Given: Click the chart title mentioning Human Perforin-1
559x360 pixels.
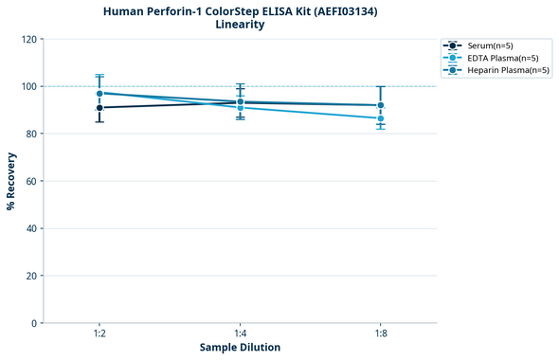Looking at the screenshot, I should (240, 10).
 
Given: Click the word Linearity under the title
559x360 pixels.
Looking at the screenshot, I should (240, 25).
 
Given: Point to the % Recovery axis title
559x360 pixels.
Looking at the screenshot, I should (11, 180).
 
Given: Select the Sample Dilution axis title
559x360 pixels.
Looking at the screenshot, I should (240, 347).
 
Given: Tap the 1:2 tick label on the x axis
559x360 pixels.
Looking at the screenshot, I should (99, 333).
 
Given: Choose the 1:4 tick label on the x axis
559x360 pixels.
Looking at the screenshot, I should (240, 333).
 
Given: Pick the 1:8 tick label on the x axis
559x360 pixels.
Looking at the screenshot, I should (381, 333).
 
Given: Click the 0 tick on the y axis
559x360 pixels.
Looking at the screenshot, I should (34, 323).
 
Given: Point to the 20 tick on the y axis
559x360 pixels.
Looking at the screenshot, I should (31, 276).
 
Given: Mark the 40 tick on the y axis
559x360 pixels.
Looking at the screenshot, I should (31, 228).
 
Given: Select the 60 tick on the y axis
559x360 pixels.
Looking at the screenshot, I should (31, 181).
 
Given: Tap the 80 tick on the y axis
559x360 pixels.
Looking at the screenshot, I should (31, 134).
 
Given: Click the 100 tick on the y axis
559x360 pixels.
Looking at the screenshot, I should (28, 86).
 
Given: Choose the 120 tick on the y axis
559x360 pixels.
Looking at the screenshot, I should (28, 39).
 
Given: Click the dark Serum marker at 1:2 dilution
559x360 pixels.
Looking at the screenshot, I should (99, 108).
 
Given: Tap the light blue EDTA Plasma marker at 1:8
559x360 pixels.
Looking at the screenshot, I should (381, 118).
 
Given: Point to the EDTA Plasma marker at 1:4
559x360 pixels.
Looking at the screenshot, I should (240, 108).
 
